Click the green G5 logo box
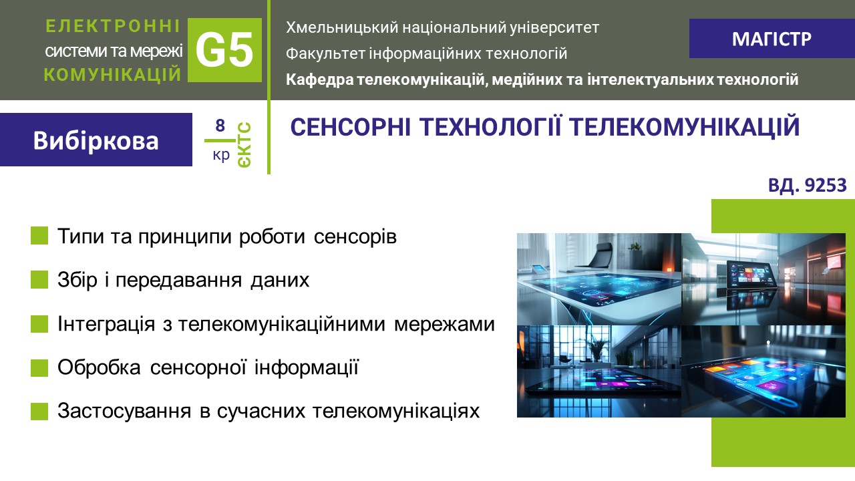point(224,49)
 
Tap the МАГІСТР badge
point(772,39)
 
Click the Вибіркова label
point(96,140)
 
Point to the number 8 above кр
point(220,125)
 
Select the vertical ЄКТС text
point(244,145)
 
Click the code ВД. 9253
point(808,185)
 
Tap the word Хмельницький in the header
point(342,28)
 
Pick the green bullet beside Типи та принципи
point(39,235)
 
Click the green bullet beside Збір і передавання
point(39,279)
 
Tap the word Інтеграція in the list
point(106,324)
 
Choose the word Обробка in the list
point(99,367)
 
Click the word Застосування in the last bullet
point(124,411)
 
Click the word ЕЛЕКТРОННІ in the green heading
point(113,26)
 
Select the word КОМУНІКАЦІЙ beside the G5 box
point(113,74)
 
